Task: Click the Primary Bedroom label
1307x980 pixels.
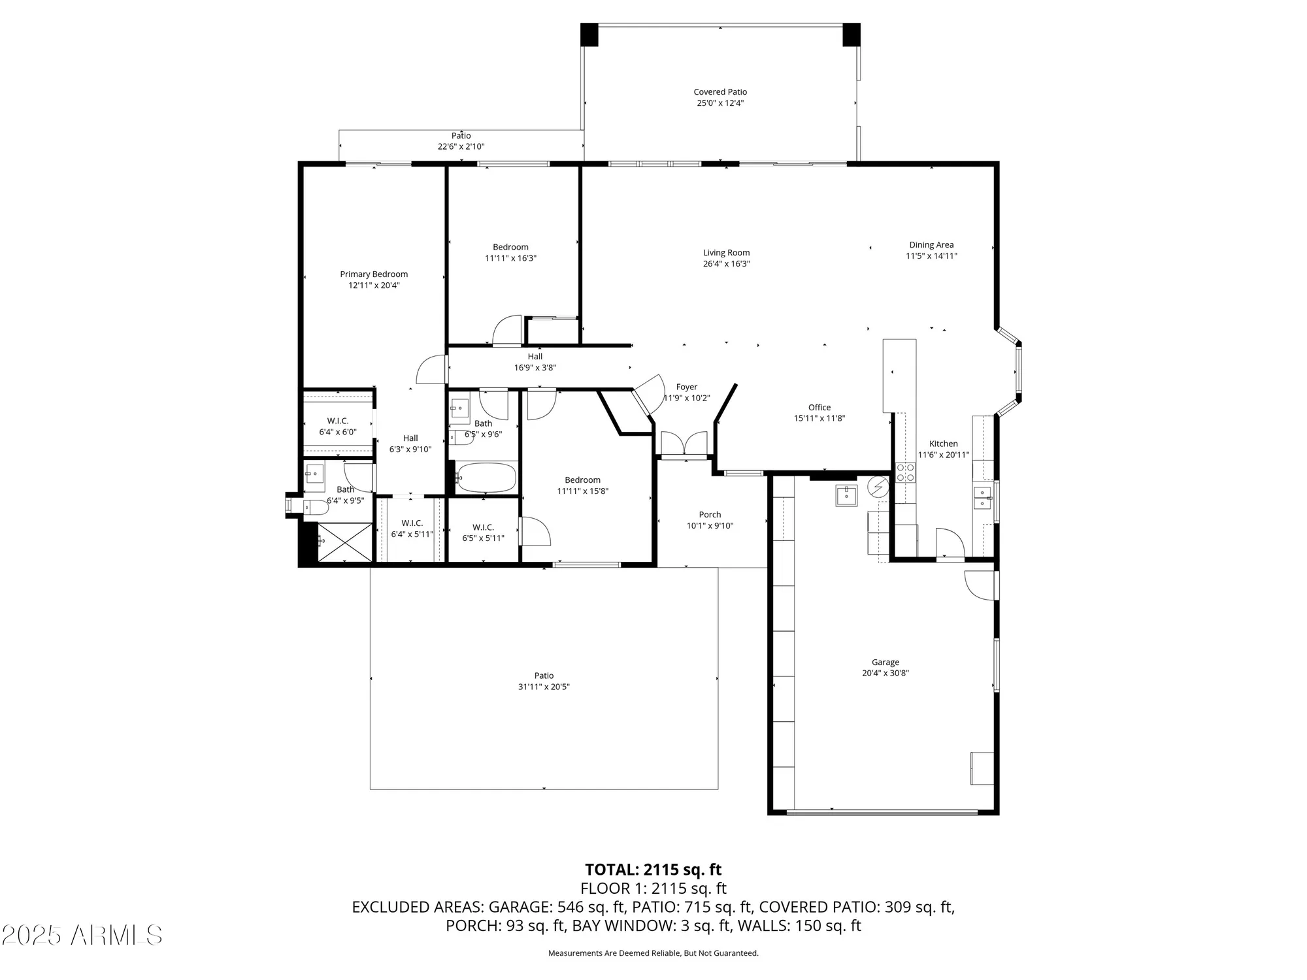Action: coord(374,274)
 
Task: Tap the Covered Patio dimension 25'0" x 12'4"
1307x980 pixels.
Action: coord(720,103)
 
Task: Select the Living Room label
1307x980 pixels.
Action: coord(726,253)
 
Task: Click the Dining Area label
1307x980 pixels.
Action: coord(931,245)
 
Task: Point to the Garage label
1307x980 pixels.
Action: coord(885,662)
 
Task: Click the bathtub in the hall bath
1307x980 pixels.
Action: coord(486,478)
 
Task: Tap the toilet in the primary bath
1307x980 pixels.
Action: coord(315,507)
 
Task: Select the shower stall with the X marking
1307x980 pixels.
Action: coord(344,542)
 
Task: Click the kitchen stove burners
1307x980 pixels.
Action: coord(905,472)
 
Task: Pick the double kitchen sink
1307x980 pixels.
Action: coord(982,498)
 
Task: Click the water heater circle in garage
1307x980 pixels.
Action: coord(878,487)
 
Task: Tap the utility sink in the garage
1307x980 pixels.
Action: coord(846,495)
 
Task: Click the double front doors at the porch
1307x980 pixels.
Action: coord(684,444)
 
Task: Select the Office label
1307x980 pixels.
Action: coord(819,407)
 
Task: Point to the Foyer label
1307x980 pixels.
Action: coord(686,387)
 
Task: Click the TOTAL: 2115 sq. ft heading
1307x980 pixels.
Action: coord(653,870)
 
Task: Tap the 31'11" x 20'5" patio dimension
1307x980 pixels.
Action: coord(544,687)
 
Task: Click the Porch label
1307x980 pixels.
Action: coord(710,515)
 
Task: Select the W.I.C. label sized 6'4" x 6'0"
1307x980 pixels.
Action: coord(338,421)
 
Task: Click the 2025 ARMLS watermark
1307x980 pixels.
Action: coord(82,936)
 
